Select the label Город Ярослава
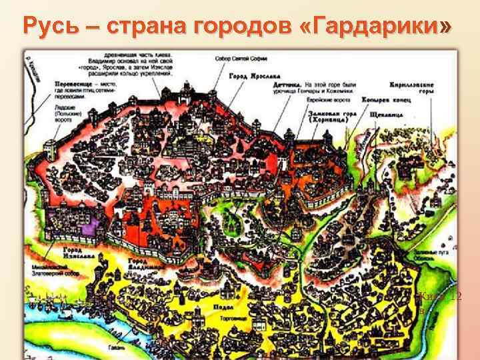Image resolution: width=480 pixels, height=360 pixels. [x=249, y=76]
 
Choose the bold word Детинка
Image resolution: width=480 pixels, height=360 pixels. [x=287, y=85]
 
